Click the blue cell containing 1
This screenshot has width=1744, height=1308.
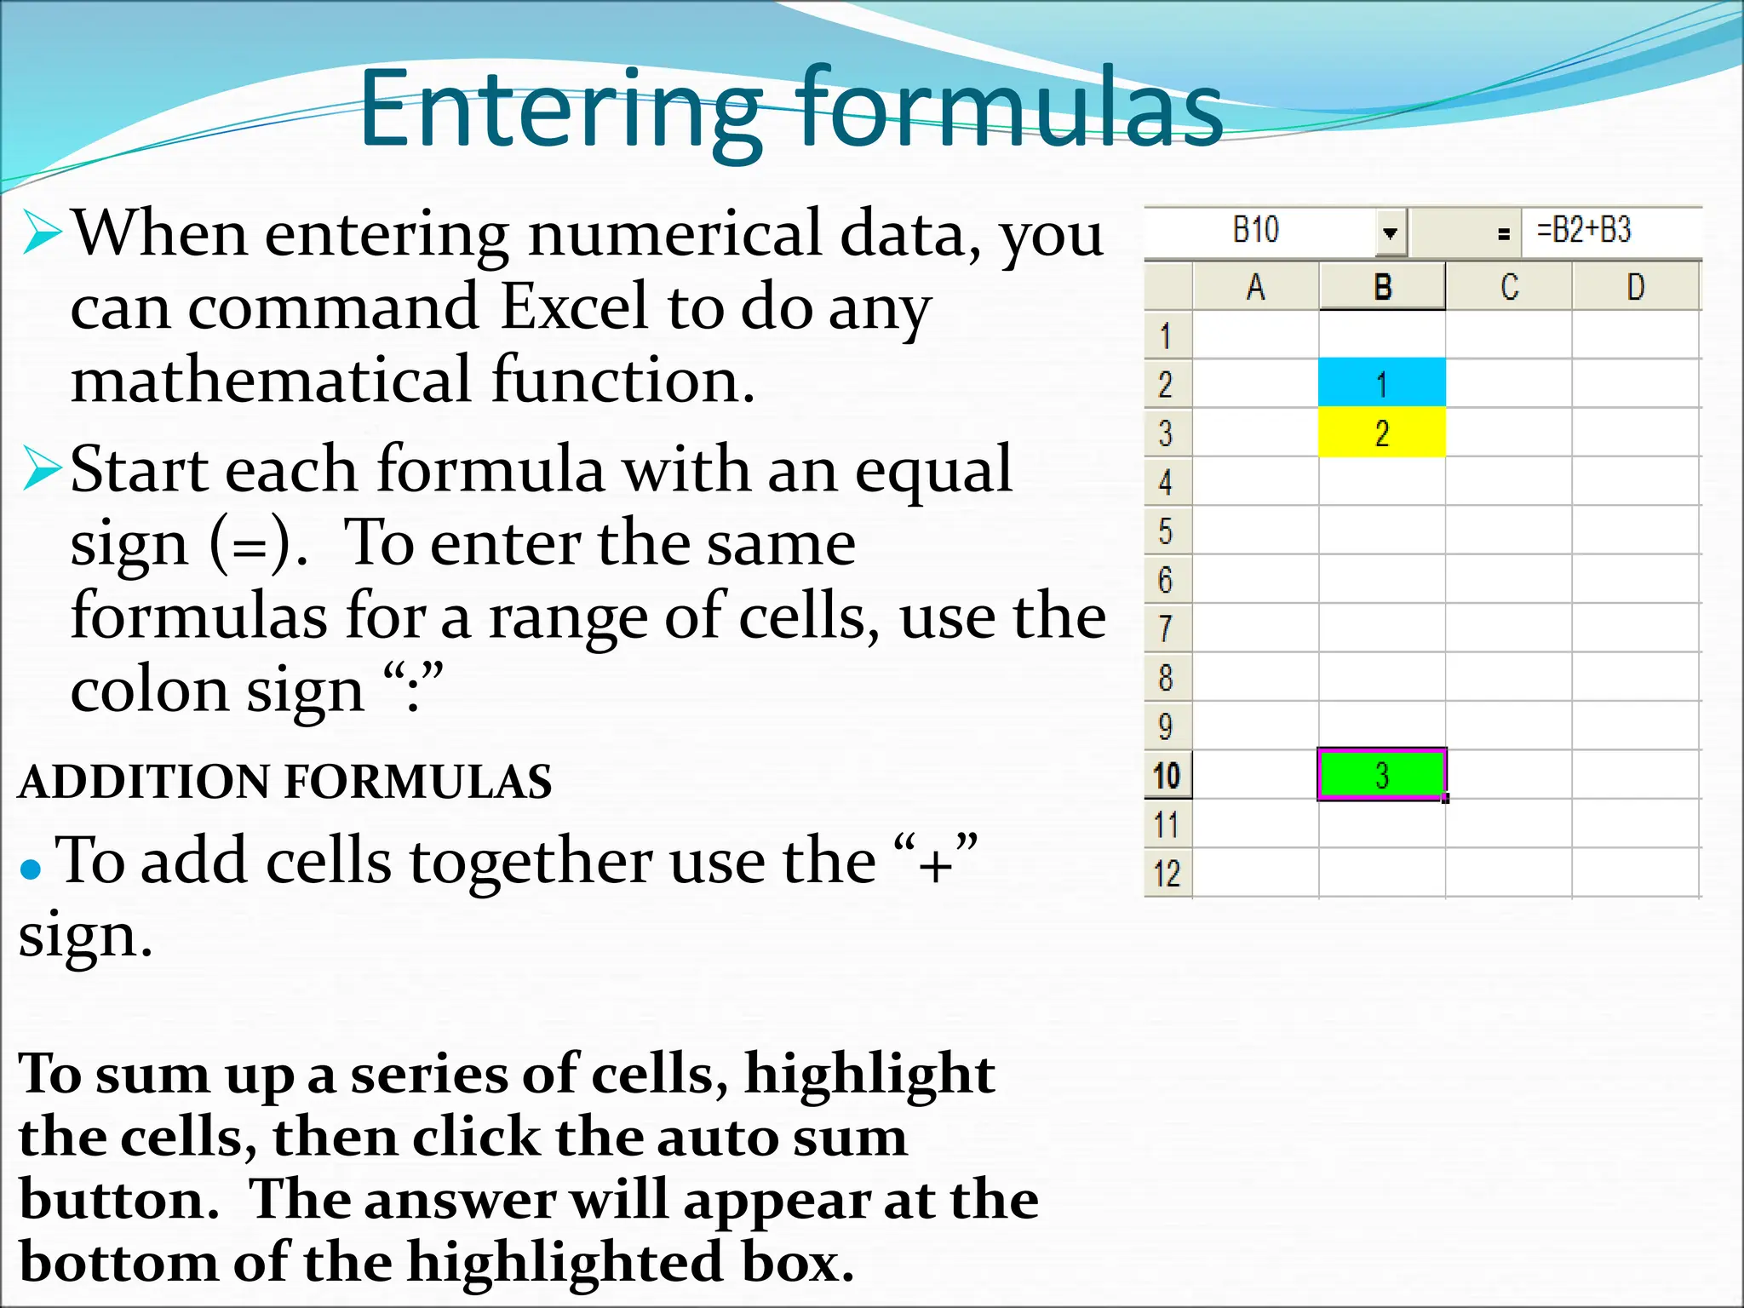[1381, 383]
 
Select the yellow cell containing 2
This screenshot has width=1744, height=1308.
[1381, 433]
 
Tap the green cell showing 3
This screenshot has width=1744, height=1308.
[1381, 775]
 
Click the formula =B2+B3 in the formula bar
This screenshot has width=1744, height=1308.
[1583, 231]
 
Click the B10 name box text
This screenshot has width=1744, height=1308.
[1256, 231]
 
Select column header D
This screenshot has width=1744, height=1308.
[1635, 288]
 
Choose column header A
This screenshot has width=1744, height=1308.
[1255, 288]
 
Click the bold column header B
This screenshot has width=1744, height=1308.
[1382, 288]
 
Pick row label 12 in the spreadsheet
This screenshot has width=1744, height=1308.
[1167, 874]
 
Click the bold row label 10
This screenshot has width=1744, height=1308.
[1167, 776]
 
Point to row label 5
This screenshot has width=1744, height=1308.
[1166, 531]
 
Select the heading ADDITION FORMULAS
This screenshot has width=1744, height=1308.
[285, 782]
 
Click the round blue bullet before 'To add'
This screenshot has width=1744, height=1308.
[31, 869]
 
